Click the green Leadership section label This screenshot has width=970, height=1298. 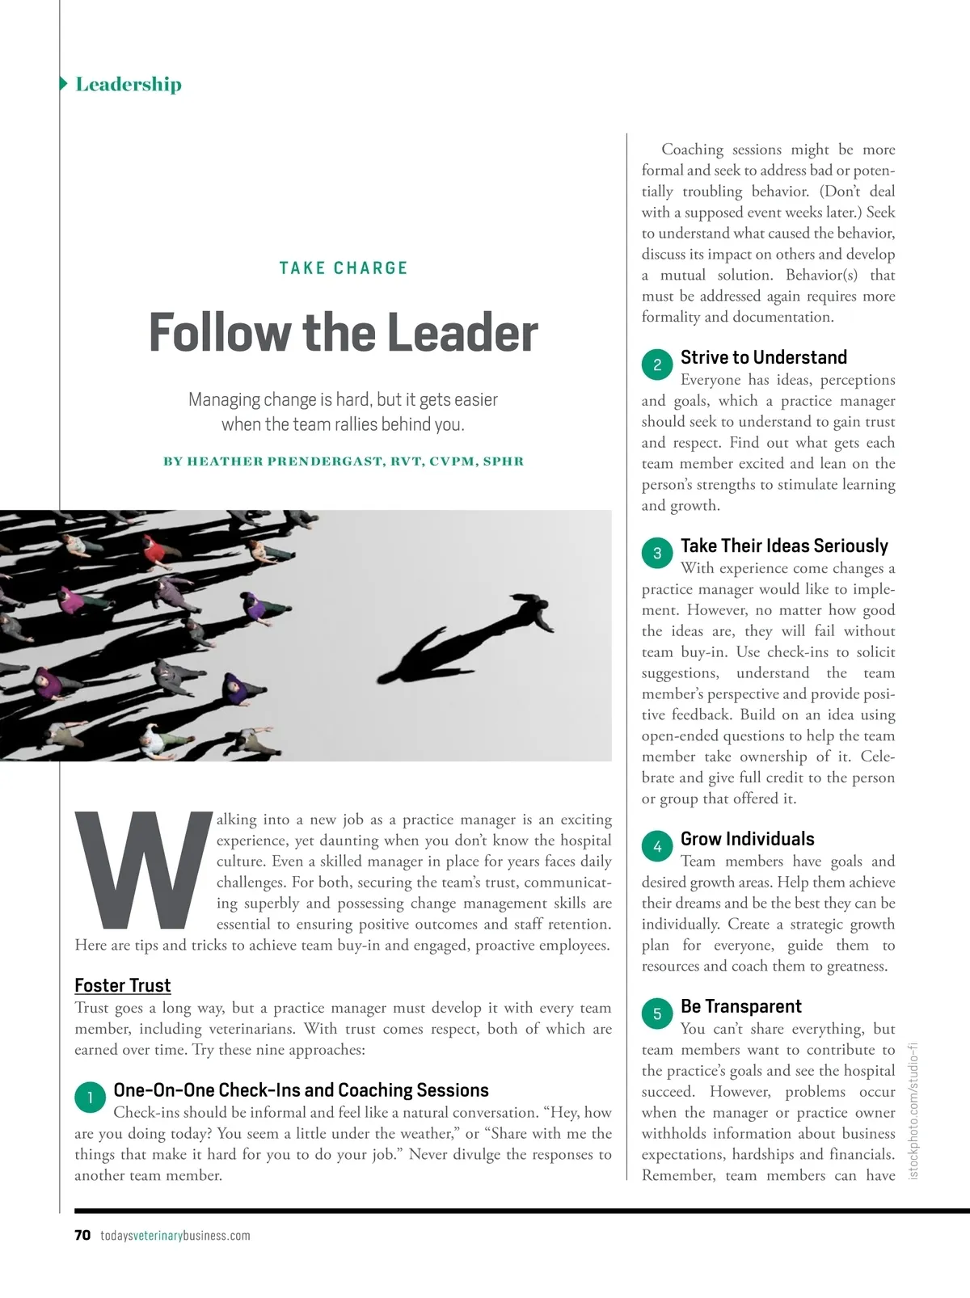128,84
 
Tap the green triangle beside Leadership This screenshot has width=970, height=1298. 63,83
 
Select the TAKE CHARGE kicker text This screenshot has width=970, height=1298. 344,268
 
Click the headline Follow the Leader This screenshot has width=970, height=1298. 344,332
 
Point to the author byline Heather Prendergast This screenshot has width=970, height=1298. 344,461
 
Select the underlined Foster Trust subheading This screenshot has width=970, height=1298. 122,985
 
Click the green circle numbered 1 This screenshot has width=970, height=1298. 90,1097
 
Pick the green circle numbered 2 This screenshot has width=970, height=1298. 657,365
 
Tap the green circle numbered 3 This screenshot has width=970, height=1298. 657,553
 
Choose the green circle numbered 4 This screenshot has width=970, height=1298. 657,846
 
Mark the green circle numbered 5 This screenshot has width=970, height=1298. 657,1014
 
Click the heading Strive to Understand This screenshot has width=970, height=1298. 764,357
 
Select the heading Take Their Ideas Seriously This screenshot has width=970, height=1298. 784,546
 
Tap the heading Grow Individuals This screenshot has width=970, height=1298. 747,839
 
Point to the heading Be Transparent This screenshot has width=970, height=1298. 740,1006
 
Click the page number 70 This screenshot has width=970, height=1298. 82,1235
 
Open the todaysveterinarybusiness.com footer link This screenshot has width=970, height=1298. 175,1235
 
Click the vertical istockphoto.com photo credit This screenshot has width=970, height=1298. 914,1110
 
